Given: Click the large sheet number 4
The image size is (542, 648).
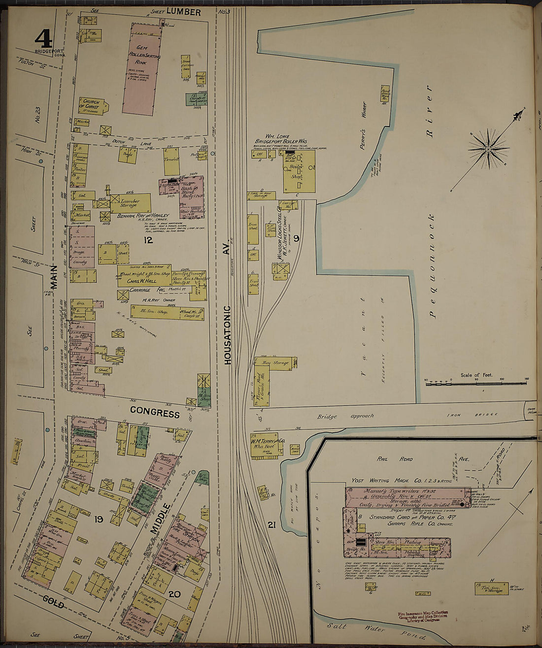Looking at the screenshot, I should click(43, 37).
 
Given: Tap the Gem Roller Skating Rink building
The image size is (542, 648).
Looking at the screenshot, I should click(142, 69).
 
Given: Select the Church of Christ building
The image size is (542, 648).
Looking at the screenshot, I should click(91, 105).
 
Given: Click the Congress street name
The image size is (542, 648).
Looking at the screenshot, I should click(155, 413).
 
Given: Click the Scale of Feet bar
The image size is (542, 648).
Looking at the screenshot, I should click(476, 383).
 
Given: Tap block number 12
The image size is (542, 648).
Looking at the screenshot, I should click(148, 240).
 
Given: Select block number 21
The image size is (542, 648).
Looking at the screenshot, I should click(271, 525).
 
